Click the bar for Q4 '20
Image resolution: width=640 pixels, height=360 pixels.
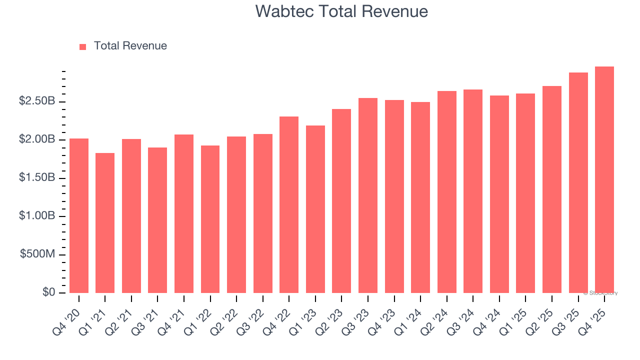(x=79, y=215)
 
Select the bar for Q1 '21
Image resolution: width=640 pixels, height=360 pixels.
(x=105, y=223)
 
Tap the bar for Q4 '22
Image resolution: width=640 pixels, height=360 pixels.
(x=289, y=204)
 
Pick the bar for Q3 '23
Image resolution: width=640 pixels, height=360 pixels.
(x=368, y=195)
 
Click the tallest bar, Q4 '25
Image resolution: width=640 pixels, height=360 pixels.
(x=604, y=179)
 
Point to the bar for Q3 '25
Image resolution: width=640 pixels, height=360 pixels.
(x=578, y=182)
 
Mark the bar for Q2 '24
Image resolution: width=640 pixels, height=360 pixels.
(x=446, y=192)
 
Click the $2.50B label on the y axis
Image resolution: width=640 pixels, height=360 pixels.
(x=37, y=101)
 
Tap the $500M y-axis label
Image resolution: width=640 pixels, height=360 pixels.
(x=37, y=254)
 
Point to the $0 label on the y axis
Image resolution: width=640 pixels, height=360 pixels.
(x=48, y=292)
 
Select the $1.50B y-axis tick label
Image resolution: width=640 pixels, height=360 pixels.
(x=37, y=178)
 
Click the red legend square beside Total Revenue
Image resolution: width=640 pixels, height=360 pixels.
(x=83, y=47)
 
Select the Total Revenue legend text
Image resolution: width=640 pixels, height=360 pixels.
(x=130, y=46)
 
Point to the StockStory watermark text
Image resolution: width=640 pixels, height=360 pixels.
(x=601, y=293)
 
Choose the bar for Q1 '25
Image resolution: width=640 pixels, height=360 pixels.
(x=525, y=193)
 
